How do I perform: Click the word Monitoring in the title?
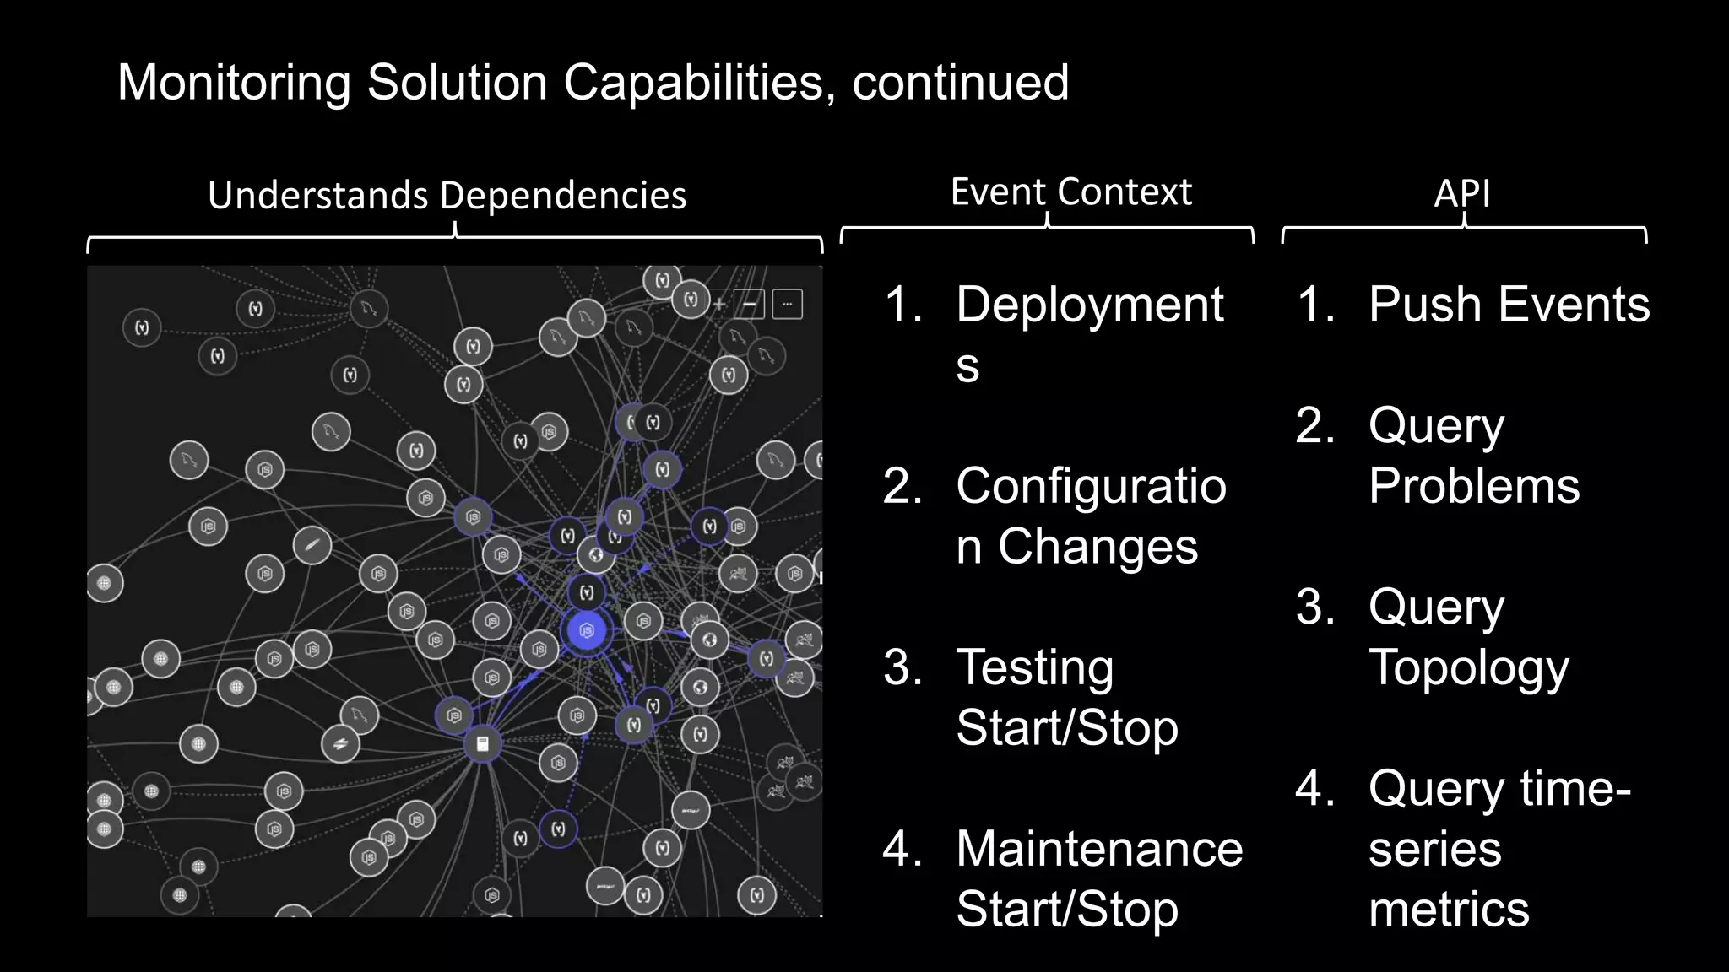pos(233,83)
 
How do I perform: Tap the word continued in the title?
pos(960,83)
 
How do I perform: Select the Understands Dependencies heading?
pos(447,195)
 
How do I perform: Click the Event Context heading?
pos(1070,192)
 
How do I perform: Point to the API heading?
pos(1461,193)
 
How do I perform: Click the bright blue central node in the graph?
pos(587,630)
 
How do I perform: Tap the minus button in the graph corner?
pos(749,304)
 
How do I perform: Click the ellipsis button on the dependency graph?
pos(787,304)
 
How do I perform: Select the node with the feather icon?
pos(312,546)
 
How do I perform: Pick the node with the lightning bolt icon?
pos(340,744)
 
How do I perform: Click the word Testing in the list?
pos(1034,667)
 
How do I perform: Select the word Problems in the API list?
pos(1474,486)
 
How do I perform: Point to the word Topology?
pos(1468,667)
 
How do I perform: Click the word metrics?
pos(1449,909)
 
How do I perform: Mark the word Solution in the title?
pos(457,83)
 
